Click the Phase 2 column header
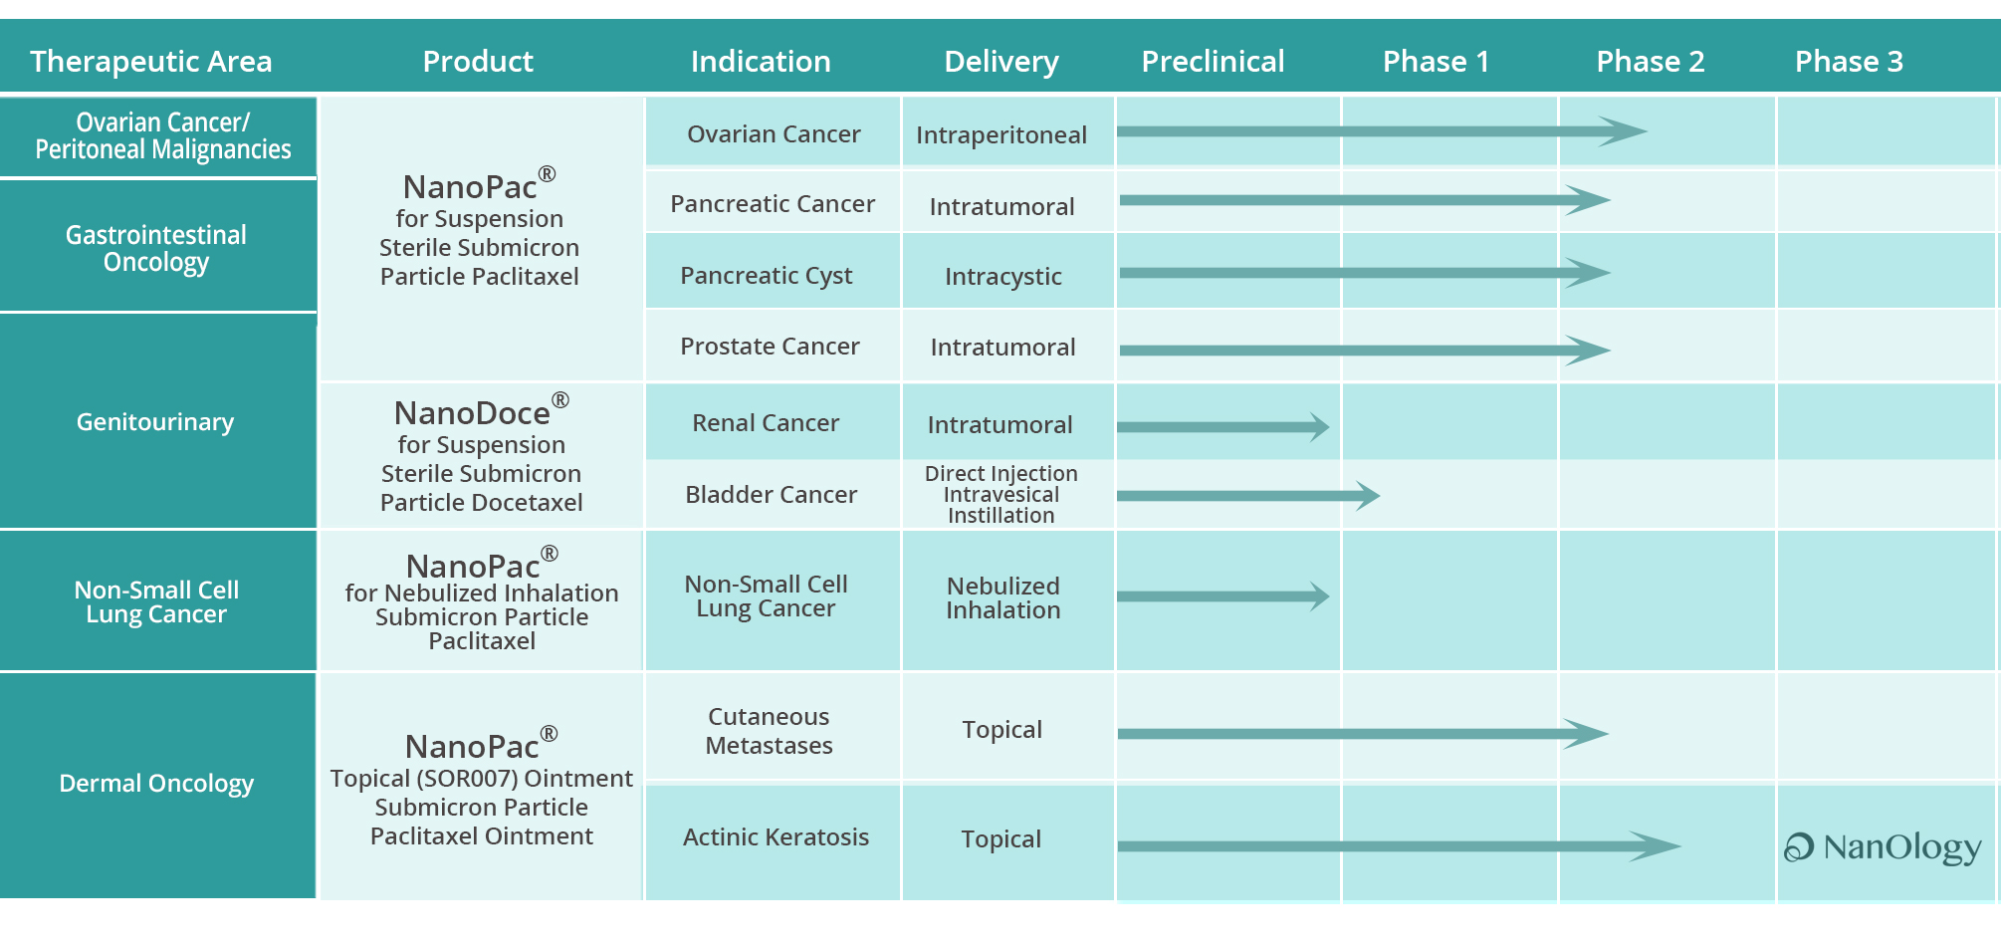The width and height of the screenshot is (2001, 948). (x=1650, y=62)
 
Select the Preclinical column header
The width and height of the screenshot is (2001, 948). (x=1213, y=62)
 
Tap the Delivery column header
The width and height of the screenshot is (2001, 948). (x=1001, y=62)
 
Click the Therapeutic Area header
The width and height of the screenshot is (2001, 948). (x=151, y=62)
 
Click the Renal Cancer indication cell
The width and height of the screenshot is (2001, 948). (x=766, y=423)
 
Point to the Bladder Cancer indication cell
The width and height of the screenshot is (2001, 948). (x=772, y=495)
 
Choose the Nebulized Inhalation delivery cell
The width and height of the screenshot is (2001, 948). (x=1003, y=597)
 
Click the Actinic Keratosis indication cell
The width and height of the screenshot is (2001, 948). (x=777, y=837)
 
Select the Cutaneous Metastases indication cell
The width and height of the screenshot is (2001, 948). (x=769, y=731)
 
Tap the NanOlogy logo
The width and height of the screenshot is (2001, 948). (x=1883, y=847)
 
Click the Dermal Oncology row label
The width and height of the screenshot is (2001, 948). (x=156, y=784)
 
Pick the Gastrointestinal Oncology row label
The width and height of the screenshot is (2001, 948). (x=156, y=248)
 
